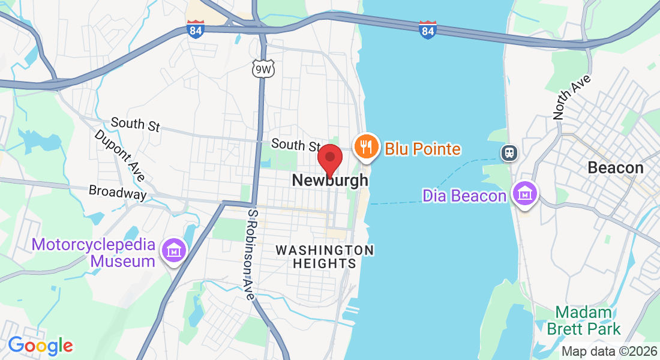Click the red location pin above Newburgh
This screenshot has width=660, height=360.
[x=329, y=158]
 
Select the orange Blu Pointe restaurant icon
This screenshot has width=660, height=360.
[x=365, y=146]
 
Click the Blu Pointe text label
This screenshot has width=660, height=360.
[x=422, y=149]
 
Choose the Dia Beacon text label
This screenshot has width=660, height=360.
[x=464, y=196]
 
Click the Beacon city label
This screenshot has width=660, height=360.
[x=616, y=167]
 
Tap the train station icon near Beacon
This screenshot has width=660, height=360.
[x=509, y=152]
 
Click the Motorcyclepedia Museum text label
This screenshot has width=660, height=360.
[x=94, y=253]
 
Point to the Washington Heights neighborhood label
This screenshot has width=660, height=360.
[x=325, y=256]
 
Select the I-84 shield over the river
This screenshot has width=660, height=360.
[x=427, y=29]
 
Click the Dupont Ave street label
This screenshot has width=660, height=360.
[x=120, y=155]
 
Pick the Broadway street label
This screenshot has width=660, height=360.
[x=118, y=192]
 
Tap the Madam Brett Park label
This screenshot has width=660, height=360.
[x=583, y=320]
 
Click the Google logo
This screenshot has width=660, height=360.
[x=40, y=345]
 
